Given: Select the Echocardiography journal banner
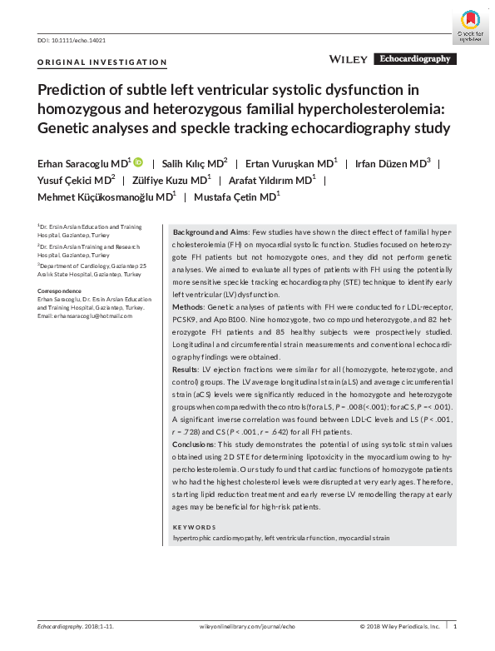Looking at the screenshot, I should [415, 59].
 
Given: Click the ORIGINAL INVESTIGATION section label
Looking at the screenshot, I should [102, 62].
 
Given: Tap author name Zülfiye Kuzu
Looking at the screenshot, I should [171, 180].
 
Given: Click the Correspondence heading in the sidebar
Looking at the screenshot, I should [61, 291].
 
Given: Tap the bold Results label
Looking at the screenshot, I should [188, 367].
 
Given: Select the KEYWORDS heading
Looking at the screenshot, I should [194, 528].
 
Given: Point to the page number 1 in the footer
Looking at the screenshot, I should [454, 626].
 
